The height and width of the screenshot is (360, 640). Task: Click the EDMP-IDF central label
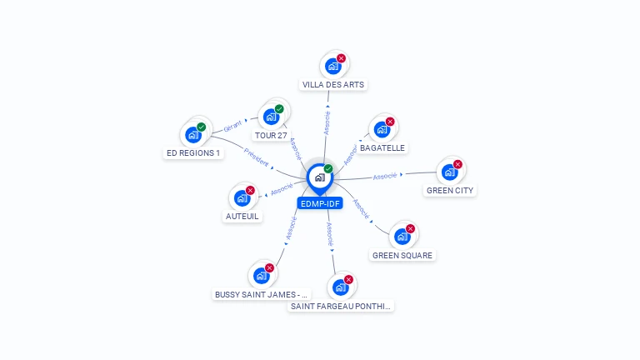(320, 203)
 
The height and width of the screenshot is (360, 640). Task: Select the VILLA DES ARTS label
(333, 84)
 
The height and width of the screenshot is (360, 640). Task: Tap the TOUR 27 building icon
(271, 117)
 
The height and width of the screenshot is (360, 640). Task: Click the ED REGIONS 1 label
(193, 153)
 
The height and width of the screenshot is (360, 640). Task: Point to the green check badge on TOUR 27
(279, 109)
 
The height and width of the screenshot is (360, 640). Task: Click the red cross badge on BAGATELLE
(390, 122)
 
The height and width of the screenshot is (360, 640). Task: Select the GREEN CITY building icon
(449, 172)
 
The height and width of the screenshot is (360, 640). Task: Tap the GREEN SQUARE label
(402, 256)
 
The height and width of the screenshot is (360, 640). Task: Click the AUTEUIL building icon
(242, 198)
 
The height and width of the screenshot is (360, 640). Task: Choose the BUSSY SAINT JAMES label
(261, 295)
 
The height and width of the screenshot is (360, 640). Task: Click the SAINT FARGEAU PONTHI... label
(340, 306)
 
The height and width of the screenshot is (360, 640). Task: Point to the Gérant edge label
(232, 127)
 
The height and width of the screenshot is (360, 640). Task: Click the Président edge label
(257, 157)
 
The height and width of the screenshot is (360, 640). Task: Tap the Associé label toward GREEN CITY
(385, 176)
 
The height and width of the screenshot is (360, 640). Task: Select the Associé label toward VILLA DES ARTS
(327, 122)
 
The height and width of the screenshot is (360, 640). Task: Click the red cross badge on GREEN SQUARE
(411, 229)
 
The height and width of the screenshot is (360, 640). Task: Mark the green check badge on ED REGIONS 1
(201, 127)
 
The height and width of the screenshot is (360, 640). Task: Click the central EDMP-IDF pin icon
(320, 179)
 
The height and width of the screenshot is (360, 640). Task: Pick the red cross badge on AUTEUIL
(250, 191)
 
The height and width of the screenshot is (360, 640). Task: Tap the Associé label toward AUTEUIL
(282, 189)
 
